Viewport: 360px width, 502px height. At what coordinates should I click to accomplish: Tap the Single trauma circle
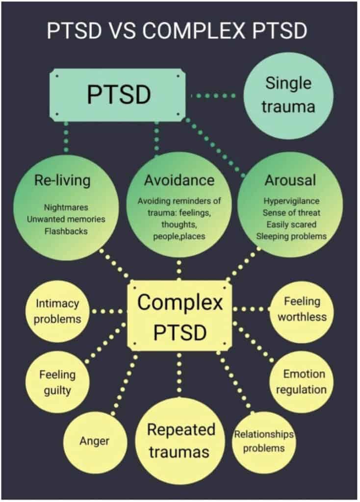(x=288, y=95)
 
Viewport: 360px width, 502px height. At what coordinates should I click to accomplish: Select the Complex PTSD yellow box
(x=179, y=317)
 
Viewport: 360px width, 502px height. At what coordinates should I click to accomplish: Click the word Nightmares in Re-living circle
(x=66, y=207)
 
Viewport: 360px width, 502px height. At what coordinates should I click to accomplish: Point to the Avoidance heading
(x=179, y=180)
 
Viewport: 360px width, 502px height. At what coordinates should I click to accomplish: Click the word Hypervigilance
(x=291, y=201)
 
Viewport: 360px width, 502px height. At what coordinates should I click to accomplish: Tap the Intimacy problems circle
(x=58, y=311)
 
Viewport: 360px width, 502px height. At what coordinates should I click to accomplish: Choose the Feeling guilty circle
(x=57, y=382)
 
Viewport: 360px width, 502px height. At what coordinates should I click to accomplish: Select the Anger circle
(x=94, y=441)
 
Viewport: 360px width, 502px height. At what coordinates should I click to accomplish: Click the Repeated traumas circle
(x=181, y=440)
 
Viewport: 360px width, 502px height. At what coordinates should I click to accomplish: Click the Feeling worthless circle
(x=302, y=309)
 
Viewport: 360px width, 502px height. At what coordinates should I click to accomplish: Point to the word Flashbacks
(x=65, y=230)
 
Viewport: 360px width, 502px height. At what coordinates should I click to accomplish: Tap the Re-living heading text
(x=62, y=180)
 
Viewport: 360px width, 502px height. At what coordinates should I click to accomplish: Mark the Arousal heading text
(x=290, y=180)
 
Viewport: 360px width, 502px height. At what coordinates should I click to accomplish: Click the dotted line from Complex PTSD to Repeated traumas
(x=179, y=373)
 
